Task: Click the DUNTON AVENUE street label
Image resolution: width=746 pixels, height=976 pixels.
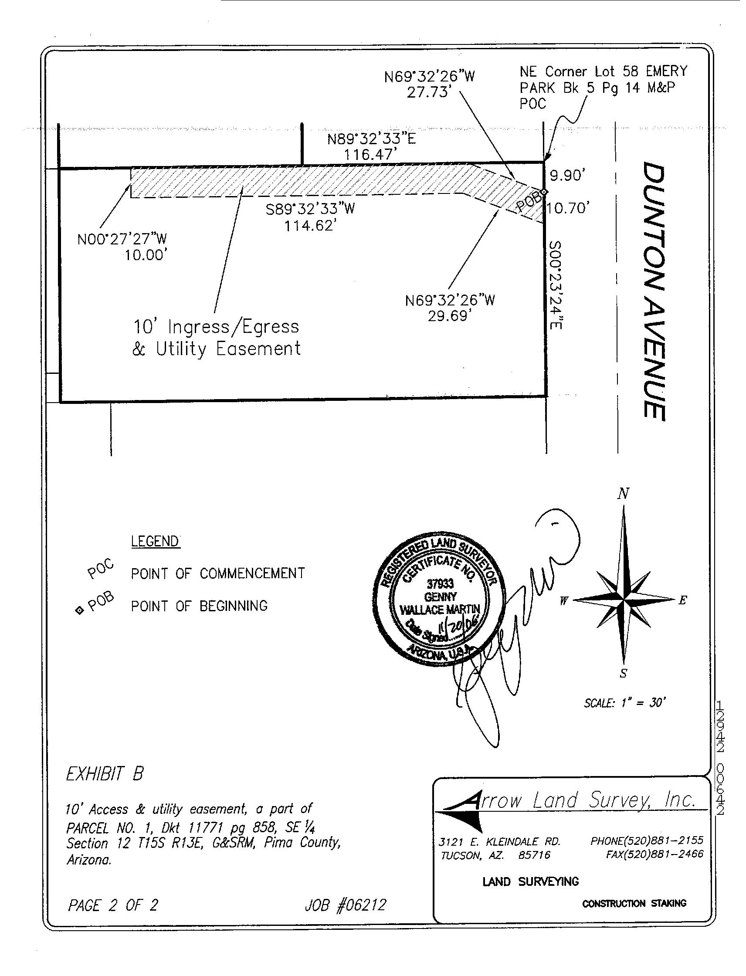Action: click(x=654, y=291)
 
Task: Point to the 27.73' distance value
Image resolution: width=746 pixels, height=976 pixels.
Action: click(x=429, y=93)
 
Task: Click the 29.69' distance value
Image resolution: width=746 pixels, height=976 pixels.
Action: click(x=449, y=316)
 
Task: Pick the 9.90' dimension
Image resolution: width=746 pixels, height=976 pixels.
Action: click(x=566, y=176)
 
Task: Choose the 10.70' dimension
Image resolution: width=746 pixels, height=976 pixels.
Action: click(x=567, y=208)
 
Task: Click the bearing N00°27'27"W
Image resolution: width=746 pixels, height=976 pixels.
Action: click(x=122, y=239)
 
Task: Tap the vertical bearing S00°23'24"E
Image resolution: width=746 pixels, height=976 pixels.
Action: click(x=556, y=285)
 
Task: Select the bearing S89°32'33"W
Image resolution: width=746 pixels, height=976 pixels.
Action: click(x=310, y=209)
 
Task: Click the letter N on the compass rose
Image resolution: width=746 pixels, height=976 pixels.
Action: click(x=624, y=493)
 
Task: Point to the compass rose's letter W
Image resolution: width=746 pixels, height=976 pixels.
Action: click(x=563, y=601)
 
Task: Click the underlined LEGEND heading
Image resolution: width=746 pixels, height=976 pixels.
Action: click(x=155, y=541)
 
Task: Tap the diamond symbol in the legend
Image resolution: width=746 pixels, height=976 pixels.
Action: click(x=79, y=610)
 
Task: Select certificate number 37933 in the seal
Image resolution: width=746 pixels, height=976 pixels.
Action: click(x=440, y=584)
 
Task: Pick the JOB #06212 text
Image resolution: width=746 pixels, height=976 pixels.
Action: click(x=346, y=905)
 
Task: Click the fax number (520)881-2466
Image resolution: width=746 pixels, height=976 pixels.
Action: click(x=654, y=854)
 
